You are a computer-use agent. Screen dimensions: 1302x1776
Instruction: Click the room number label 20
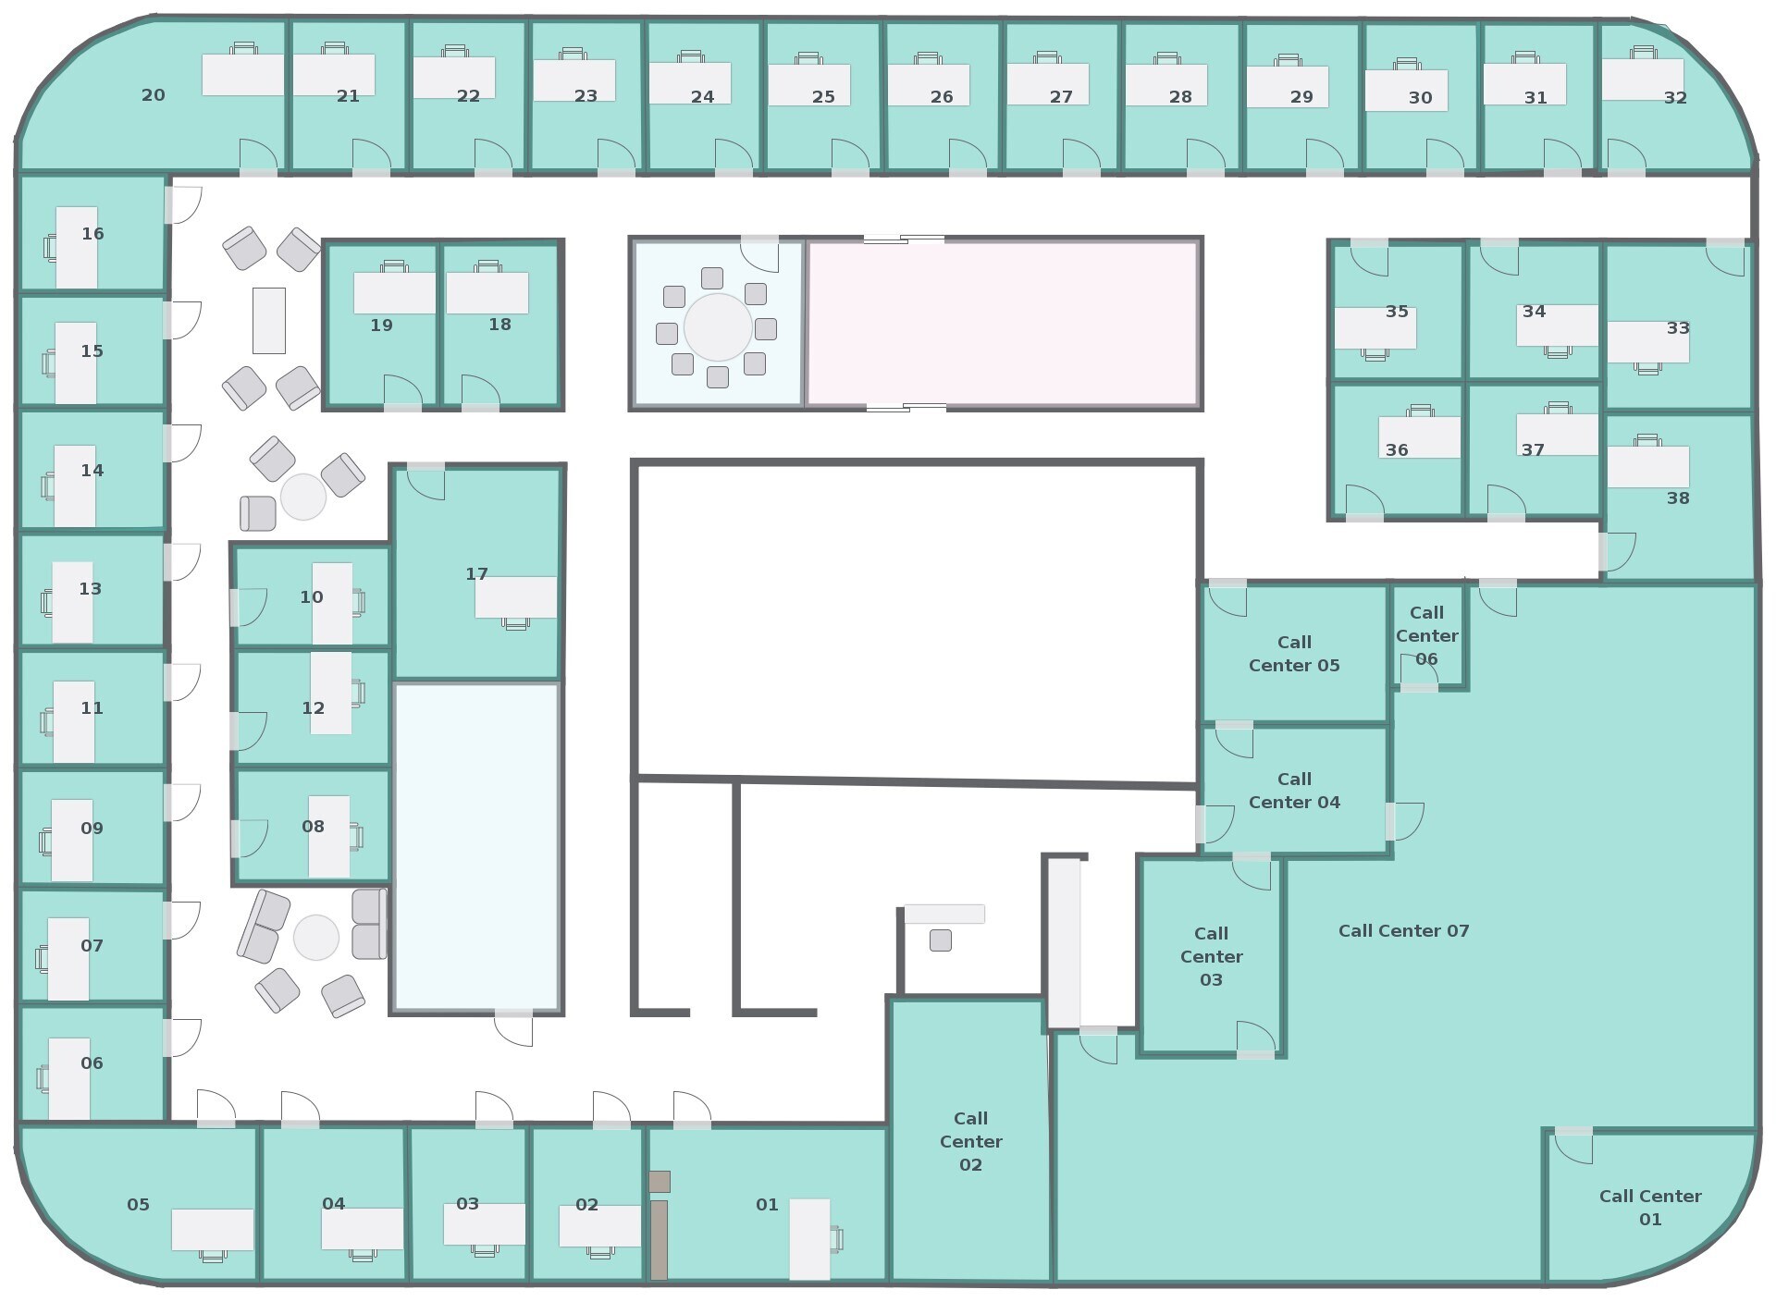point(154,95)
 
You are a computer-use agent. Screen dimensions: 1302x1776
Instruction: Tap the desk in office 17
point(515,596)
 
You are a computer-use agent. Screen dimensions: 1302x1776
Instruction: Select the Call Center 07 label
point(1403,931)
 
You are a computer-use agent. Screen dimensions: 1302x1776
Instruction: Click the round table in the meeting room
point(718,327)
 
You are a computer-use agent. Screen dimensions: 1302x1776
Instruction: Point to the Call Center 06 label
point(1426,635)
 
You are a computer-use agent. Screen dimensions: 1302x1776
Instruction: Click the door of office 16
point(183,204)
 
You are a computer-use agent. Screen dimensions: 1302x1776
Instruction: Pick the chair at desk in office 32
point(1644,52)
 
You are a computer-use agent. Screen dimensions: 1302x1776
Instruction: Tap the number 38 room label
point(1678,498)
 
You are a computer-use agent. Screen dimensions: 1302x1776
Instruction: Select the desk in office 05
point(212,1229)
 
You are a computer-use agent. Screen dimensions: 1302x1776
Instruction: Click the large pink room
point(1003,324)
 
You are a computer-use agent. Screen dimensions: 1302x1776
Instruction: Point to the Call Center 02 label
point(970,1141)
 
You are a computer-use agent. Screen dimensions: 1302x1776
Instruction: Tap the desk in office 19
point(394,292)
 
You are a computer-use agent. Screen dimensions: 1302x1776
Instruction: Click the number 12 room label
point(313,708)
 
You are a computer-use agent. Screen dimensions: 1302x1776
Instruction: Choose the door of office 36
point(1365,502)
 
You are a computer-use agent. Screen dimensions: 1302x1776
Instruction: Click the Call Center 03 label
point(1211,956)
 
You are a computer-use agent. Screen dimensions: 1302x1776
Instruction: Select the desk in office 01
point(808,1238)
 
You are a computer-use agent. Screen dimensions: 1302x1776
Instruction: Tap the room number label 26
point(942,97)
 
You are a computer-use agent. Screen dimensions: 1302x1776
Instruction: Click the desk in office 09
point(72,840)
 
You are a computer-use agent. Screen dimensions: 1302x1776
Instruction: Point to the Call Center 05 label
point(1294,654)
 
